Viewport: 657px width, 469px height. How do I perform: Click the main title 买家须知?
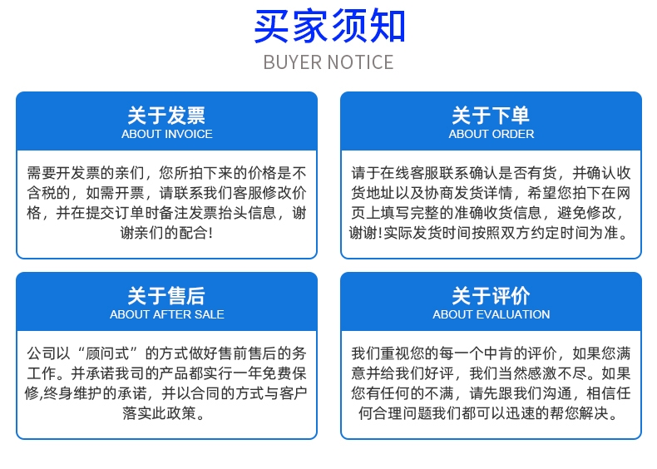[329, 27]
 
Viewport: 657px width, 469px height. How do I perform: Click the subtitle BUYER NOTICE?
[328, 62]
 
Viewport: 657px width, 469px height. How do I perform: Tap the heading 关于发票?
[166, 116]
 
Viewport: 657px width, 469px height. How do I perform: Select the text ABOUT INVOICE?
[167, 134]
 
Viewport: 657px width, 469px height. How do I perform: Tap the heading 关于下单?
[491, 116]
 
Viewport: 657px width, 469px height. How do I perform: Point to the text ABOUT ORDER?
[491, 134]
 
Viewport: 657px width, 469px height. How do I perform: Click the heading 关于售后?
[166, 296]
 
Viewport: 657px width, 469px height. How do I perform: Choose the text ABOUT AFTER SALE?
[167, 314]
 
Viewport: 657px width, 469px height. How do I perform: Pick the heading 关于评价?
[491, 296]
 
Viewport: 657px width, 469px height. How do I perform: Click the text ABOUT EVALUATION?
[491, 314]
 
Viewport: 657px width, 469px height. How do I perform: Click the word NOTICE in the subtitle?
[360, 62]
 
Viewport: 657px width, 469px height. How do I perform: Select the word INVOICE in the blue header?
[188, 134]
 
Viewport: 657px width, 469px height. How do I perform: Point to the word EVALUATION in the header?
[513, 314]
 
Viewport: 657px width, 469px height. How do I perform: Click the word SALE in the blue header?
[210, 314]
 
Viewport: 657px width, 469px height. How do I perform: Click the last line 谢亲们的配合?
[166, 233]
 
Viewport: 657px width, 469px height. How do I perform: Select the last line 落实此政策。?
[163, 413]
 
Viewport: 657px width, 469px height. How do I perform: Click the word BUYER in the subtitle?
[293, 62]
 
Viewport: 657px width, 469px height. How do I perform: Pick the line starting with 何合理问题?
[488, 413]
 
